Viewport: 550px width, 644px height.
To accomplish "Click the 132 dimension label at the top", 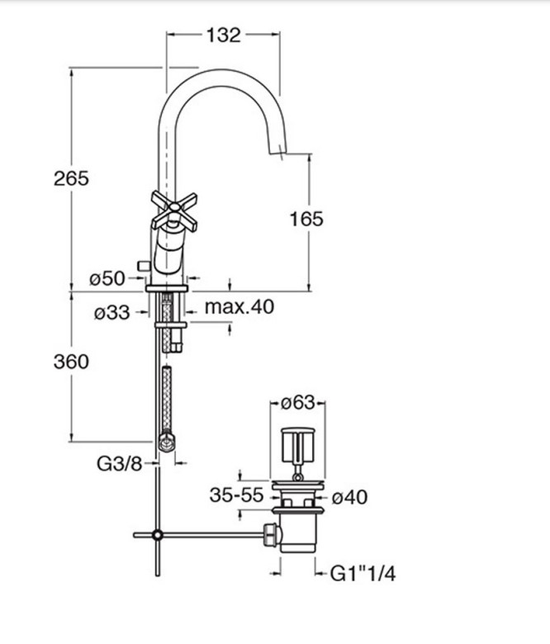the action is [x=223, y=36].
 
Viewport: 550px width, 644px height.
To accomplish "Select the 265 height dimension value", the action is [x=71, y=178].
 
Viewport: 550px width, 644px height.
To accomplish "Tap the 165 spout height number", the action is [x=306, y=219].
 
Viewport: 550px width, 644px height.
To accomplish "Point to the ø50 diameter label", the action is [x=107, y=279].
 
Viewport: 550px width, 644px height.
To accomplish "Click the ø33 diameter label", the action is [x=111, y=313].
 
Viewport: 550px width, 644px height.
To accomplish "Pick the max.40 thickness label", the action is [x=239, y=307].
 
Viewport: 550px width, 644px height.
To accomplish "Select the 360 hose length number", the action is [x=71, y=362].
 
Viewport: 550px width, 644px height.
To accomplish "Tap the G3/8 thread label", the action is [x=119, y=464].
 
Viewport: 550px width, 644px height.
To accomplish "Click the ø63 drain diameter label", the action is [x=298, y=403].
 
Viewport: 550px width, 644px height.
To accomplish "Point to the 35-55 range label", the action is [x=236, y=495].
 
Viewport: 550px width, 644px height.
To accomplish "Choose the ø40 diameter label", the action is [x=349, y=497].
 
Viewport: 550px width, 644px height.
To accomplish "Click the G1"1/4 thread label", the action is [x=363, y=574].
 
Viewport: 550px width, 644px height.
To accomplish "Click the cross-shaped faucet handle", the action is [x=174, y=211].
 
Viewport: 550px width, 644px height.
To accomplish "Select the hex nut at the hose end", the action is [x=167, y=442].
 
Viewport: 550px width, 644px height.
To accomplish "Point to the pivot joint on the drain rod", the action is [x=157, y=535].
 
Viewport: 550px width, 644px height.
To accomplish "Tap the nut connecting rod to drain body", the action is [x=270, y=535].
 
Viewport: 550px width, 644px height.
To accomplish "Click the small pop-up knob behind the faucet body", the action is [x=144, y=266].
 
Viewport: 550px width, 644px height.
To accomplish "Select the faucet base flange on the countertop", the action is [x=167, y=288].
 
